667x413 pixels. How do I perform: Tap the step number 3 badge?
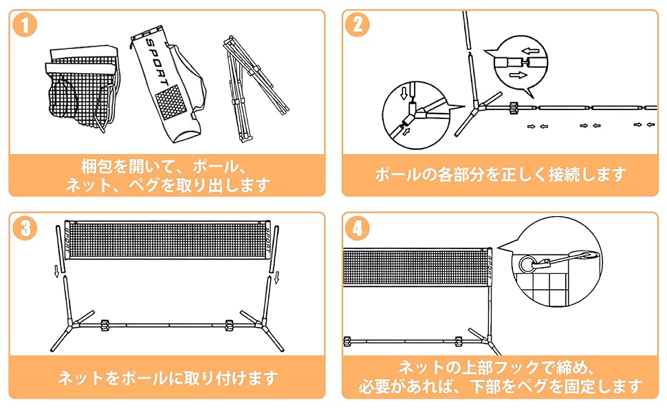[25, 228]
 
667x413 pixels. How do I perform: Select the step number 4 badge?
[358, 228]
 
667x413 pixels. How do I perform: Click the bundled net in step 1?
[79, 86]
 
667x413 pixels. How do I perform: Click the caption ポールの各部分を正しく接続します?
[501, 174]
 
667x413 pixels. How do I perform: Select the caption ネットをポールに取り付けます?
[168, 377]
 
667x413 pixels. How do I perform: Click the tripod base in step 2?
[474, 110]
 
